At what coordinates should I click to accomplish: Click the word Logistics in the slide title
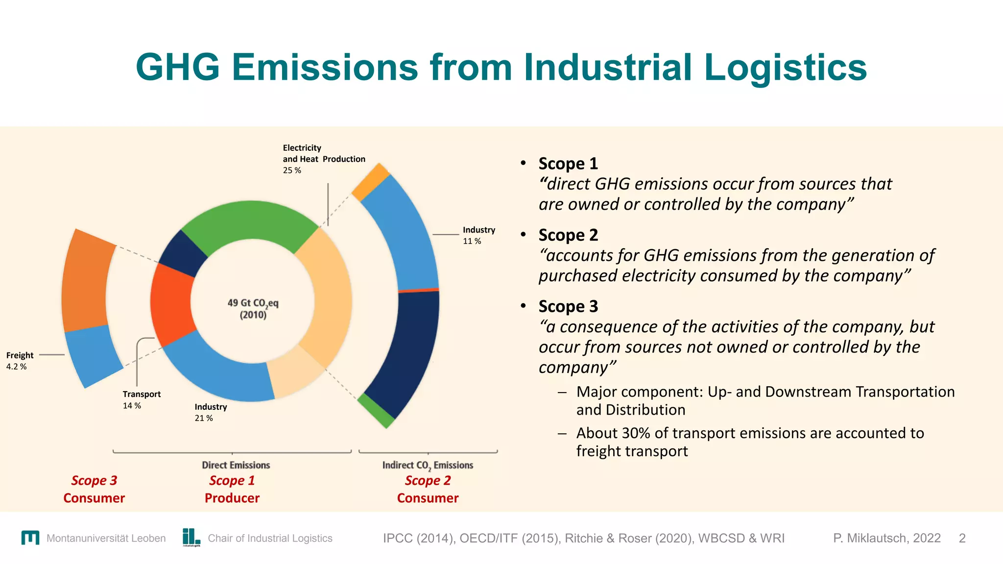pos(785,68)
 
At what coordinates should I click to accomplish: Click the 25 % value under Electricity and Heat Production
pos(292,170)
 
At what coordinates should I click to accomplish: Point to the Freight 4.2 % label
pos(20,361)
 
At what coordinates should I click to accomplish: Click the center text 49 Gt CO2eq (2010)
pos(253,308)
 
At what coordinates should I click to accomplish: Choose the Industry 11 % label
pos(478,235)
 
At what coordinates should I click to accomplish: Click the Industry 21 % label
pos(211,412)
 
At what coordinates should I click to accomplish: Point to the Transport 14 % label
pos(141,399)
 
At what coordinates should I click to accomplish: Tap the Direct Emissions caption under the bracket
pos(236,465)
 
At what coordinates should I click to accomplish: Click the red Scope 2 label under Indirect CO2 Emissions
pos(428,481)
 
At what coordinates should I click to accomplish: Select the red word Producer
pos(232,498)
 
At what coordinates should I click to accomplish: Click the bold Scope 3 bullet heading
pos(568,306)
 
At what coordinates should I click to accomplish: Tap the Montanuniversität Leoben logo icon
pos(30,538)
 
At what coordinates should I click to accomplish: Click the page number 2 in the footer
pos(962,538)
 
